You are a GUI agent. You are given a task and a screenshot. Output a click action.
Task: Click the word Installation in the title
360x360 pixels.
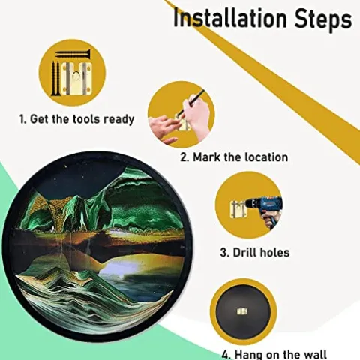pyautogui.click(x=229, y=18)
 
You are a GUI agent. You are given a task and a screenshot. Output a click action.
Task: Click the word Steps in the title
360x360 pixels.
pyautogui.click(x=322, y=19)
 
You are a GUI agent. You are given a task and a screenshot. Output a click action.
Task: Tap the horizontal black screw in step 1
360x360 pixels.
pyautogui.click(x=73, y=54)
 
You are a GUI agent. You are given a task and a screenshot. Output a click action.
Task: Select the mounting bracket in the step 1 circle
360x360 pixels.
pyautogui.click(x=76, y=78)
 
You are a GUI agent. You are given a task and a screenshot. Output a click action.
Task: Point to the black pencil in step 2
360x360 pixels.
pyautogui.click(x=192, y=102)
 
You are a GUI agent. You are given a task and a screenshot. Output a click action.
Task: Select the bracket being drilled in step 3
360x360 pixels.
pyautogui.click(x=239, y=209)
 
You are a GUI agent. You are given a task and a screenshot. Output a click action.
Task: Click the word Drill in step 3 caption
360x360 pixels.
pyautogui.click(x=245, y=253)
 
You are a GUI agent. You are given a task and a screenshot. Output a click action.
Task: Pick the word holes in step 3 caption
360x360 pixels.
pyautogui.click(x=274, y=253)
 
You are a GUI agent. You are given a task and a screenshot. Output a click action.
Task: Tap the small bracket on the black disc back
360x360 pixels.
pyautogui.click(x=242, y=311)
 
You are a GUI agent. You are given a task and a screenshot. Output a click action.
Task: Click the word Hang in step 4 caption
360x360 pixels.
pyautogui.click(x=249, y=355)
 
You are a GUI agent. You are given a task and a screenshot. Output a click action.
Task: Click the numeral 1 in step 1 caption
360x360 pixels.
pyautogui.click(x=22, y=118)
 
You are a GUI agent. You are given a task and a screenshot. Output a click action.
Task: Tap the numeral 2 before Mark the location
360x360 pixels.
pyautogui.click(x=184, y=157)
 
